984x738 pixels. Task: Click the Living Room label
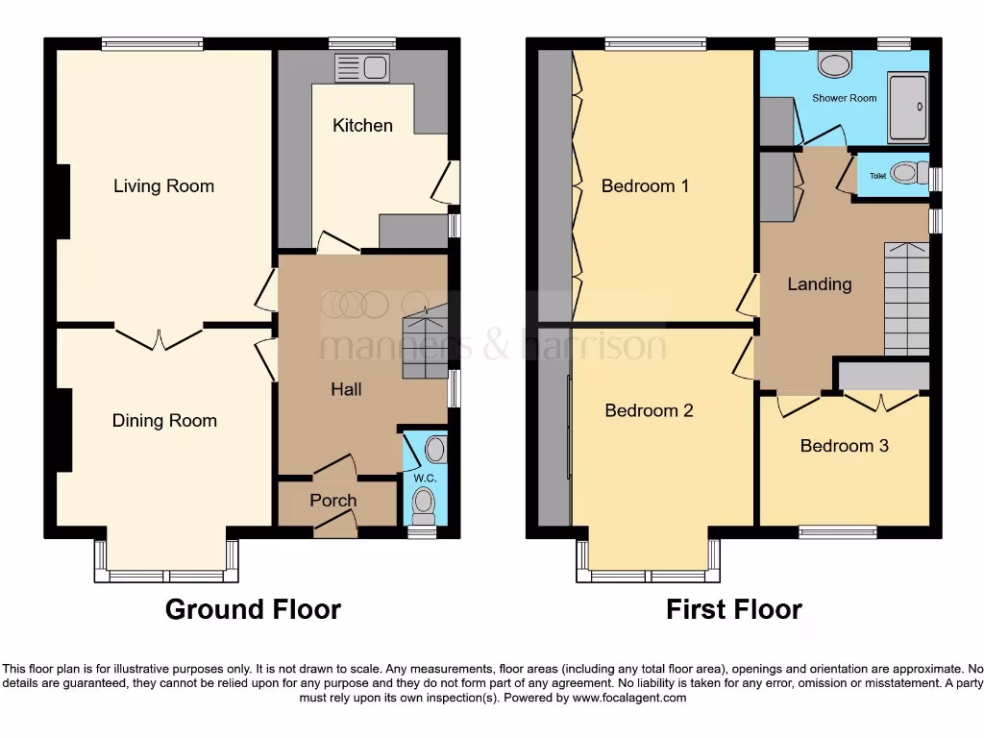click(163, 185)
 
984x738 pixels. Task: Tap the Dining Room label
click(164, 420)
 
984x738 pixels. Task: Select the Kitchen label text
click(362, 125)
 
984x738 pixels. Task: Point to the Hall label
click(346, 389)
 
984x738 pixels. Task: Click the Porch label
click(333, 500)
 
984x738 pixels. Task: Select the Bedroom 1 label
click(645, 185)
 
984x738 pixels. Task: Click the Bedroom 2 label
click(649, 410)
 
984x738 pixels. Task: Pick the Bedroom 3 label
click(844, 445)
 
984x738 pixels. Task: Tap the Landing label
click(819, 283)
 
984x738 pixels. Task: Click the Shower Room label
click(844, 98)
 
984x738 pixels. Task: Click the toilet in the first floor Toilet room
click(904, 174)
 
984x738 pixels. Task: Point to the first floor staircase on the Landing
click(906, 298)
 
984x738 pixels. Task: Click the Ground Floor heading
click(253, 609)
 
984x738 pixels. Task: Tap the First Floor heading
click(734, 609)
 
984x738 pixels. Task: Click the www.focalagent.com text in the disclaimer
click(631, 698)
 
